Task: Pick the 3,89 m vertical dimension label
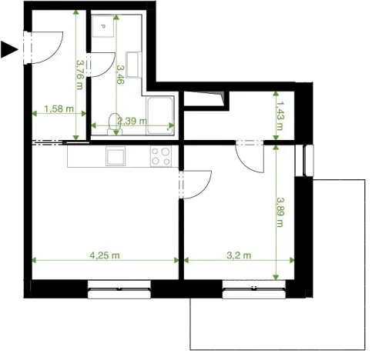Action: tap(280, 212)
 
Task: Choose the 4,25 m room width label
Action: tap(104, 255)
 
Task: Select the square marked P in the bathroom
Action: tap(101, 28)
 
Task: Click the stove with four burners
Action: tap(161, 156)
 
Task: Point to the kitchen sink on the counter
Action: tap(116, 156)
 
